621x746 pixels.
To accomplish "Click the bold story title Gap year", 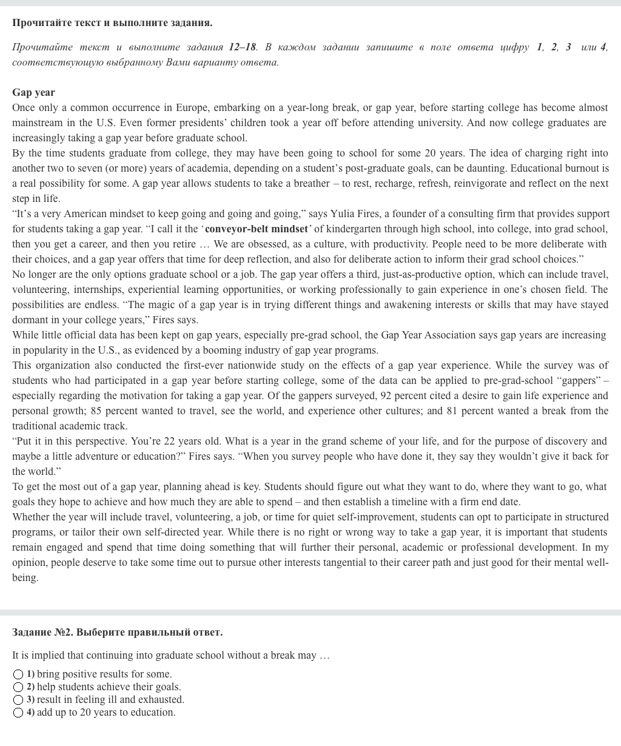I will (x=33, y=92).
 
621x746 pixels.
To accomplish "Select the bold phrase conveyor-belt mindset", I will (x=256, y=229).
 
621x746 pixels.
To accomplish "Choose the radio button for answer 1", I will (x=18, y=674).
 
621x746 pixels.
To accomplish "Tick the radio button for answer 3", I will (x=18, y=700).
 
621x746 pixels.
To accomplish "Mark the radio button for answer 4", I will (x=18, y=713).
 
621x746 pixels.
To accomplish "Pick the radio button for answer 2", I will (x=18, y=687).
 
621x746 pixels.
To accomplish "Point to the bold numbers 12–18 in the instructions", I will (x=243, y=47).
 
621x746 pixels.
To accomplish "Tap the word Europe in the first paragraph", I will (x=192, y=107).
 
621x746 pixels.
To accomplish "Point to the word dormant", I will (x=30, y=320).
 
